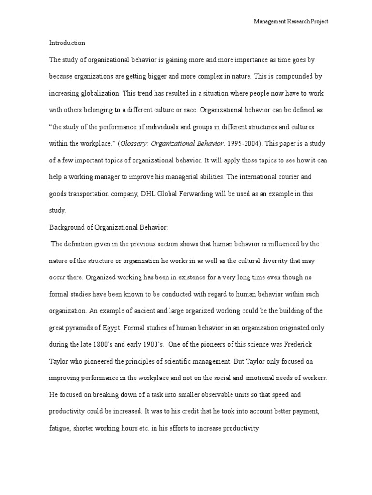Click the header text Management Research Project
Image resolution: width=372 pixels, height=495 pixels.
coord(292,22)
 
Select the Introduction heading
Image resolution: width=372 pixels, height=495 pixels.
coord(67,43)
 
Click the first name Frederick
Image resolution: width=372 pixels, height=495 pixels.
coord(300,345)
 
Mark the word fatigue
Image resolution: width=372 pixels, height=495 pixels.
coord(60,428)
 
